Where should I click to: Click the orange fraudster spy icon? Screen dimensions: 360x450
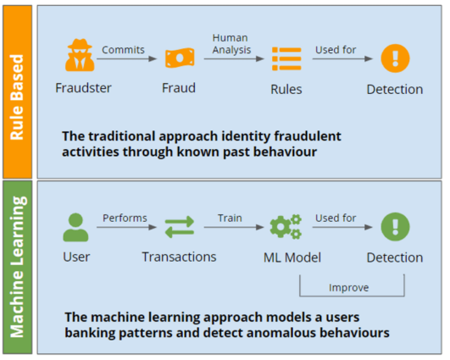(x=79, y=58)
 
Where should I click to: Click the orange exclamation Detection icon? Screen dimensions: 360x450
(x=394, y=58)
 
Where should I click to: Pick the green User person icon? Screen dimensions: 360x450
(x=75, y=226)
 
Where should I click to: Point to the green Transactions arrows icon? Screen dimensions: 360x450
(x=179, y=227)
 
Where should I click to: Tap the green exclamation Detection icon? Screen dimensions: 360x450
(x=394, y=226)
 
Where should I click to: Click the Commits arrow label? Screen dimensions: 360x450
(x=124, y=49)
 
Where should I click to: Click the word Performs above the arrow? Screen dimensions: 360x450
(x=125, y=218)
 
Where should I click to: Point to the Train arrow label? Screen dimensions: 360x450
(x=229, y=218)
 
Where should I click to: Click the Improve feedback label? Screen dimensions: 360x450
(x=348, y=287)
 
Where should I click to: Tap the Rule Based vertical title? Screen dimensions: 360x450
(x=17, y=91)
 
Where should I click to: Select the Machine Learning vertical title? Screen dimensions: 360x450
(x=17, y=268)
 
